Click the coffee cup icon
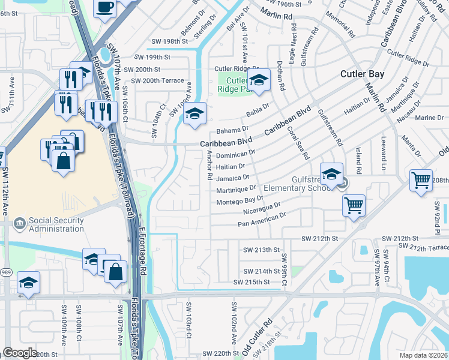pos(105,8)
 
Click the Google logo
pos(20,353)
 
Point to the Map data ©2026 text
pos(424,355)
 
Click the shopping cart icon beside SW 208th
pos(421,179)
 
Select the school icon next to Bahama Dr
pos(194,113)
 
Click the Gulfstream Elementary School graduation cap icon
pos(331,173)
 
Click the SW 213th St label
pos(261,250)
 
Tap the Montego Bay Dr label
pos(240,200)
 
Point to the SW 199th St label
pos(152,57)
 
